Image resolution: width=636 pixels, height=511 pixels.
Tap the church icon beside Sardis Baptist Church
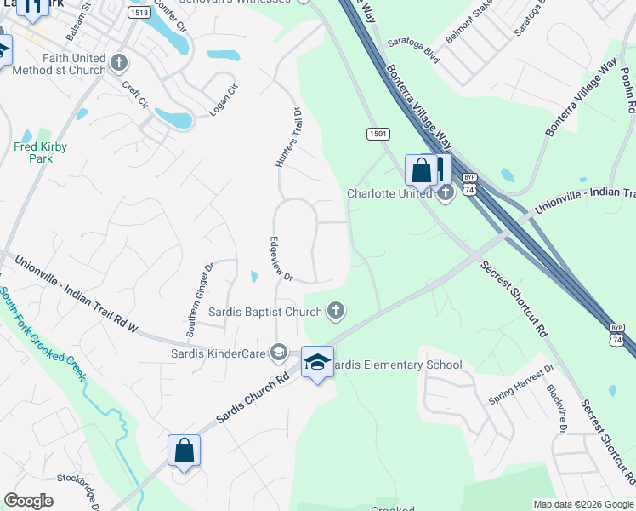[x=337, y=311]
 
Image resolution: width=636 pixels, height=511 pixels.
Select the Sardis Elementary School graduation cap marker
[x=317, y=363]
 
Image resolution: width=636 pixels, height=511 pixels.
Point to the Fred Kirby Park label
[x=40, y=152]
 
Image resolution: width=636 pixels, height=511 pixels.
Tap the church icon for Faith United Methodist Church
[x=119, y=63]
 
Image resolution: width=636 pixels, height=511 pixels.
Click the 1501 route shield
[x=378, y=134]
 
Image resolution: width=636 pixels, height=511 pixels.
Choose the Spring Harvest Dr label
[x=521, y=384]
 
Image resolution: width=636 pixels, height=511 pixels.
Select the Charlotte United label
[x=389, y=194]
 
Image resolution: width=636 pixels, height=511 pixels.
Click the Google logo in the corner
[x=28, y=501]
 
